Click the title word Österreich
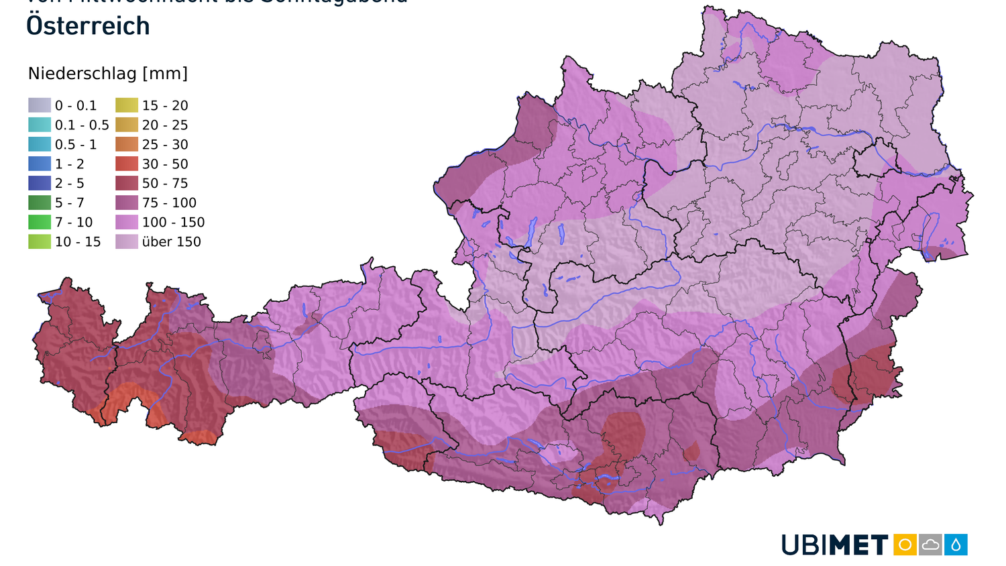point(88,26)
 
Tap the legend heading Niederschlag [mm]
point(107,74)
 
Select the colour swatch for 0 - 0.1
point(39,105)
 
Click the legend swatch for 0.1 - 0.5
point(39,125)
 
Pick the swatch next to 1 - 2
point(39,164)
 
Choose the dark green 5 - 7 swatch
point(39,203)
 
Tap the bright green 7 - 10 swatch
point(39,222)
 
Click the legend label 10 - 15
point(78,241)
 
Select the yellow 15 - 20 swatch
point(127,105)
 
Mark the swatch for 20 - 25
point(127,125)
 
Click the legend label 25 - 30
point(165,144)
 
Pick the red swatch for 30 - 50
point(127,164)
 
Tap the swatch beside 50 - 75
point(127,183)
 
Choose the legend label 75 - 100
point(169,203)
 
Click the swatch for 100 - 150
point(127,222)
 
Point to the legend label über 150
point(171,241)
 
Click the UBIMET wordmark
point(835,545)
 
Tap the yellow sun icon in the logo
point(905,545)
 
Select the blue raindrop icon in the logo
point(956,545)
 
